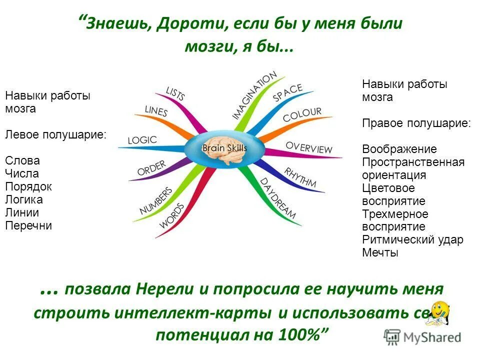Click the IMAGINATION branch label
coord(253,95)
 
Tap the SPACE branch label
coord(287,93)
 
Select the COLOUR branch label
coord(302,115)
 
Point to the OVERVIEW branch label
coord(308,147)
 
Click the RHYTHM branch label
coord(300,177)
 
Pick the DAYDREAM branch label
coord(278,198)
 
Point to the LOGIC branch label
coord(142,140)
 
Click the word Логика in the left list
coord(23,199)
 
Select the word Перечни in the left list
coord(28,225)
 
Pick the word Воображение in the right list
coord(399,149)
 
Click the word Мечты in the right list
coord(380,252)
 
